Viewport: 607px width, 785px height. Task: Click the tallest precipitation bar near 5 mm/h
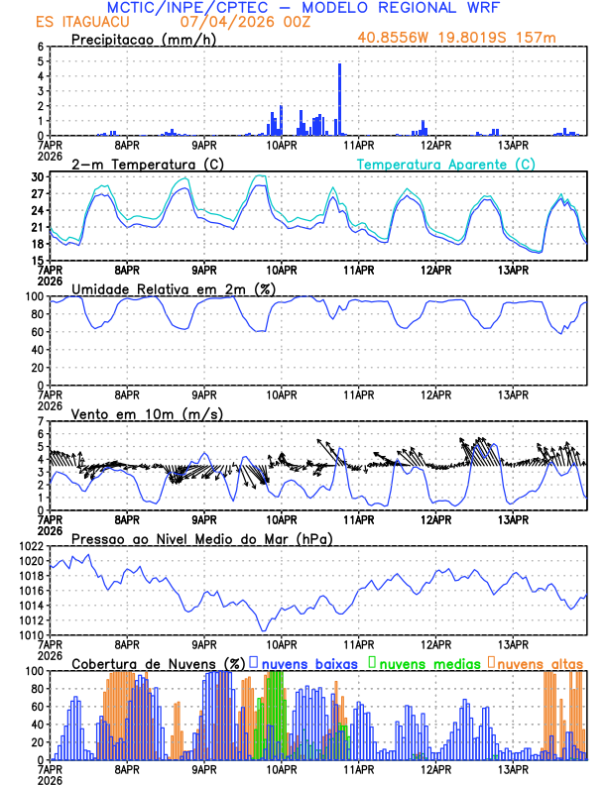pos(339,99)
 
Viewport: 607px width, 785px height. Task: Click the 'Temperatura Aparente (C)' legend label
pos(445,164)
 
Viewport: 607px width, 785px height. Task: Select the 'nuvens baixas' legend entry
pos(303,662)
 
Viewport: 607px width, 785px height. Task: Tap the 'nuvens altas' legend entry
pos(536,662)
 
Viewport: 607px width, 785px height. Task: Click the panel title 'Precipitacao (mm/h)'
pos(142,40)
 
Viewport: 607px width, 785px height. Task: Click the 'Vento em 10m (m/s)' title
pos(147,413)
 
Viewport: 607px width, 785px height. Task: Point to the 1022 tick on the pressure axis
pos(31,546)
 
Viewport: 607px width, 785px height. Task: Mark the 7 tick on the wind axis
pos(41,421)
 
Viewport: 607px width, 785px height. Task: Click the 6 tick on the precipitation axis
pos(41,47)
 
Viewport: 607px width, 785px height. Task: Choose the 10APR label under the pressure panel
pos(282,643)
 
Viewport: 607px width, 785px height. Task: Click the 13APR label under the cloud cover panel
pos(513,768)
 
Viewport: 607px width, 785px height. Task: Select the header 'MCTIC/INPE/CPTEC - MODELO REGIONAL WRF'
pos(303,7)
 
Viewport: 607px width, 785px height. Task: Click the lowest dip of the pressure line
pos(264,629)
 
